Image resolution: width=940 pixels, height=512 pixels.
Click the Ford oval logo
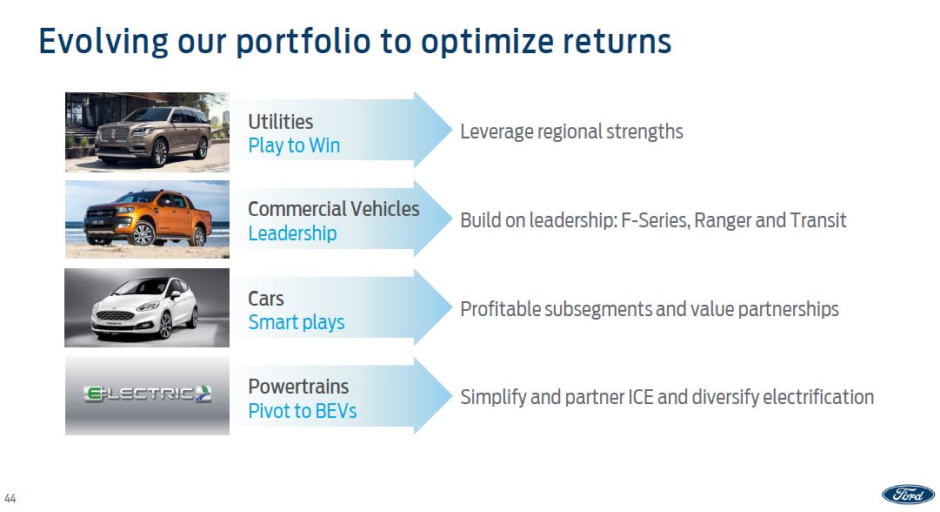[908, 494]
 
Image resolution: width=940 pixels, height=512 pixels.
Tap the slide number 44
[10, 498]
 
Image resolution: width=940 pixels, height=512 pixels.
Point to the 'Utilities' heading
[281, 122]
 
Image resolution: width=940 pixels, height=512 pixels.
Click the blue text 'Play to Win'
[294, 146]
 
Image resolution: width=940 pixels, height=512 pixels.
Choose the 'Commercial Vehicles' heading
[333, 209]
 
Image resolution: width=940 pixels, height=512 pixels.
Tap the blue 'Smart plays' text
[297, 322]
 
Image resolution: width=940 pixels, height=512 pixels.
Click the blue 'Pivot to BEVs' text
[302, 411]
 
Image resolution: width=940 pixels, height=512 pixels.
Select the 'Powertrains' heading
[298, 387]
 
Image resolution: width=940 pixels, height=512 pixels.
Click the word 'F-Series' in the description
[656, 220]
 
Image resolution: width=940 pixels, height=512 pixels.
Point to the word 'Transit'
[817, 220]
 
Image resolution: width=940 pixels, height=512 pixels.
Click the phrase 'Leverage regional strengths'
[571, 131]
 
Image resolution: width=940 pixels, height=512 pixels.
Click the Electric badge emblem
[148, 394]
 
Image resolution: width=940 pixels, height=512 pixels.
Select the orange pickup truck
[148, 219]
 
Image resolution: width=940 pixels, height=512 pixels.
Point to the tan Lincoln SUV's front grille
[115, 133]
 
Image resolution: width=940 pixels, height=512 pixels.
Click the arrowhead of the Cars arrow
[433, 307]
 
